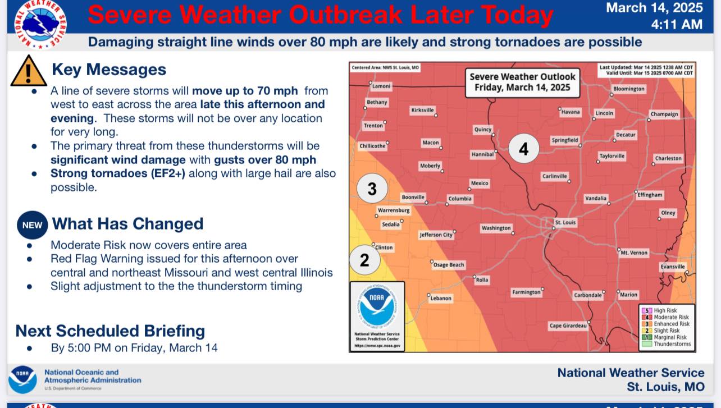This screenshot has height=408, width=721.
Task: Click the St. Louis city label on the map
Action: [565, 223]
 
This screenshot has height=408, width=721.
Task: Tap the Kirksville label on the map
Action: [422, 111]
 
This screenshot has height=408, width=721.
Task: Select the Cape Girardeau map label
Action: [568, 326]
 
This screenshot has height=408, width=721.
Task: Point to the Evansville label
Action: [673, 267]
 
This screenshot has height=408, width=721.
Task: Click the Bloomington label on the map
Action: [629, 89]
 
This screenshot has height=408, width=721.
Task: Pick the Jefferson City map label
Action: [436, 235]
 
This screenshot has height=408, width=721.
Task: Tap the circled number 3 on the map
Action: [372, 189]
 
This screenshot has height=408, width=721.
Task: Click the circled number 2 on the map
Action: [364, 260]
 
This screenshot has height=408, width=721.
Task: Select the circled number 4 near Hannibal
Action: [523, 149]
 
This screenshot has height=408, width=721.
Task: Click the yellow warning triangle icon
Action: [28, 72]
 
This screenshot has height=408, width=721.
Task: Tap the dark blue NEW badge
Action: [32, 224]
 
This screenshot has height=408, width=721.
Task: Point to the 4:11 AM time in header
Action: [677, 24]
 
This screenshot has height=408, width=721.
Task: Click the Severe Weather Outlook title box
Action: [522, 82]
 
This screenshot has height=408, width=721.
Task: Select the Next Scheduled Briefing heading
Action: [110, 331]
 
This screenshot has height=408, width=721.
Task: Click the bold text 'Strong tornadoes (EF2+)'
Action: [118, 173]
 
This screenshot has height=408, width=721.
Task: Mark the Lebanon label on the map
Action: [441, 299]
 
